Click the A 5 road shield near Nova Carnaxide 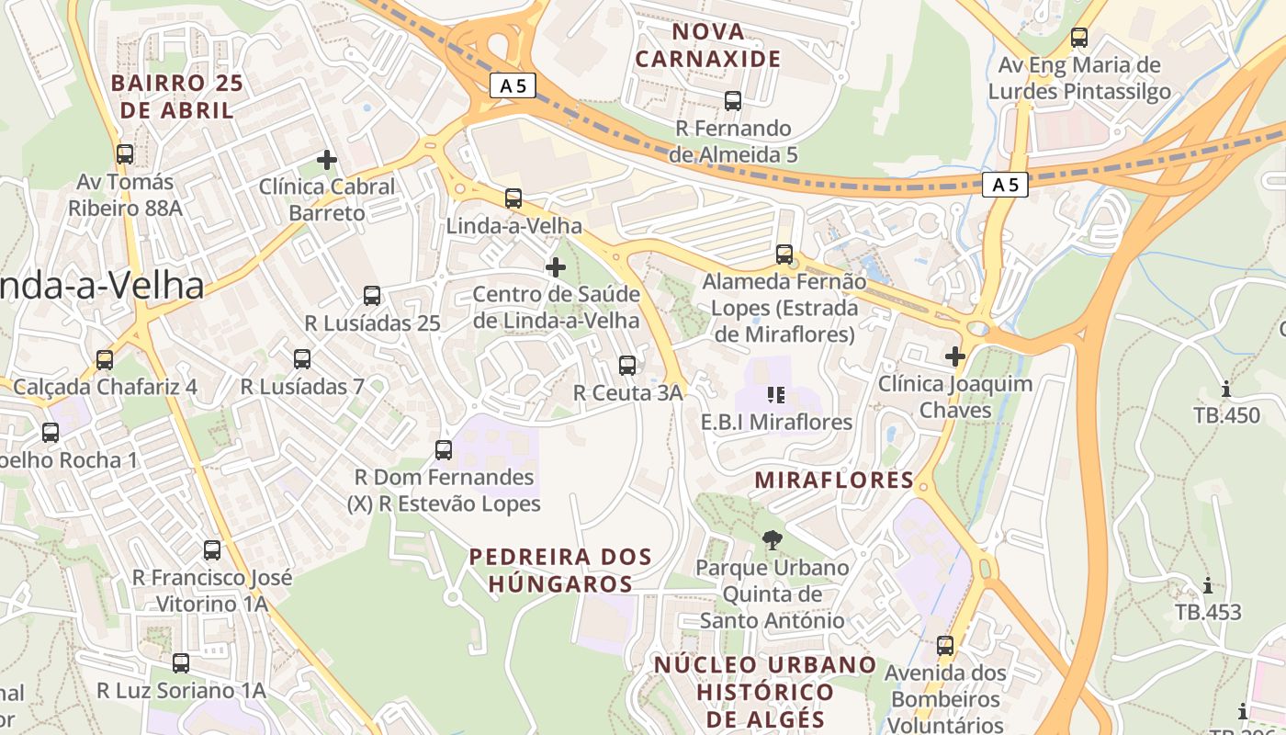(x=513, y=86)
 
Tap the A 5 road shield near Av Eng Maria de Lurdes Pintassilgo (x=1005, y=185)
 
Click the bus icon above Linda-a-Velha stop (x=513, y=198)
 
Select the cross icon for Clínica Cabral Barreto (x=327, y=160)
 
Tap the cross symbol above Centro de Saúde (x=556, y=267)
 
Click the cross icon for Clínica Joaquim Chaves (x=955, y=356)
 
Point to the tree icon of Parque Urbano (x=773, y=540)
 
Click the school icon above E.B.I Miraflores (x=776, y=395)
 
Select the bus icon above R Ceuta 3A (x=627, y=366)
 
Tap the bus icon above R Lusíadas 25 (x=372, y=296)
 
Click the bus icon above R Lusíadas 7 (x=302, y=359)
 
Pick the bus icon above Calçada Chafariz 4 (x=105, y=359)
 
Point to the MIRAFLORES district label (x=834, y=480)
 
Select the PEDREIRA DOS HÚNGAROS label (x=560, y=570)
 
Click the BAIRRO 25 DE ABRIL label (x=176, y=96)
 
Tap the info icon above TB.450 (x=1226, y=389)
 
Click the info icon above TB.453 (x=1208, y=585)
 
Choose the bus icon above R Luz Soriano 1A (x=181, y=662)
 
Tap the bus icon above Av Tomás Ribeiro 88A (x=125, y=154)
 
